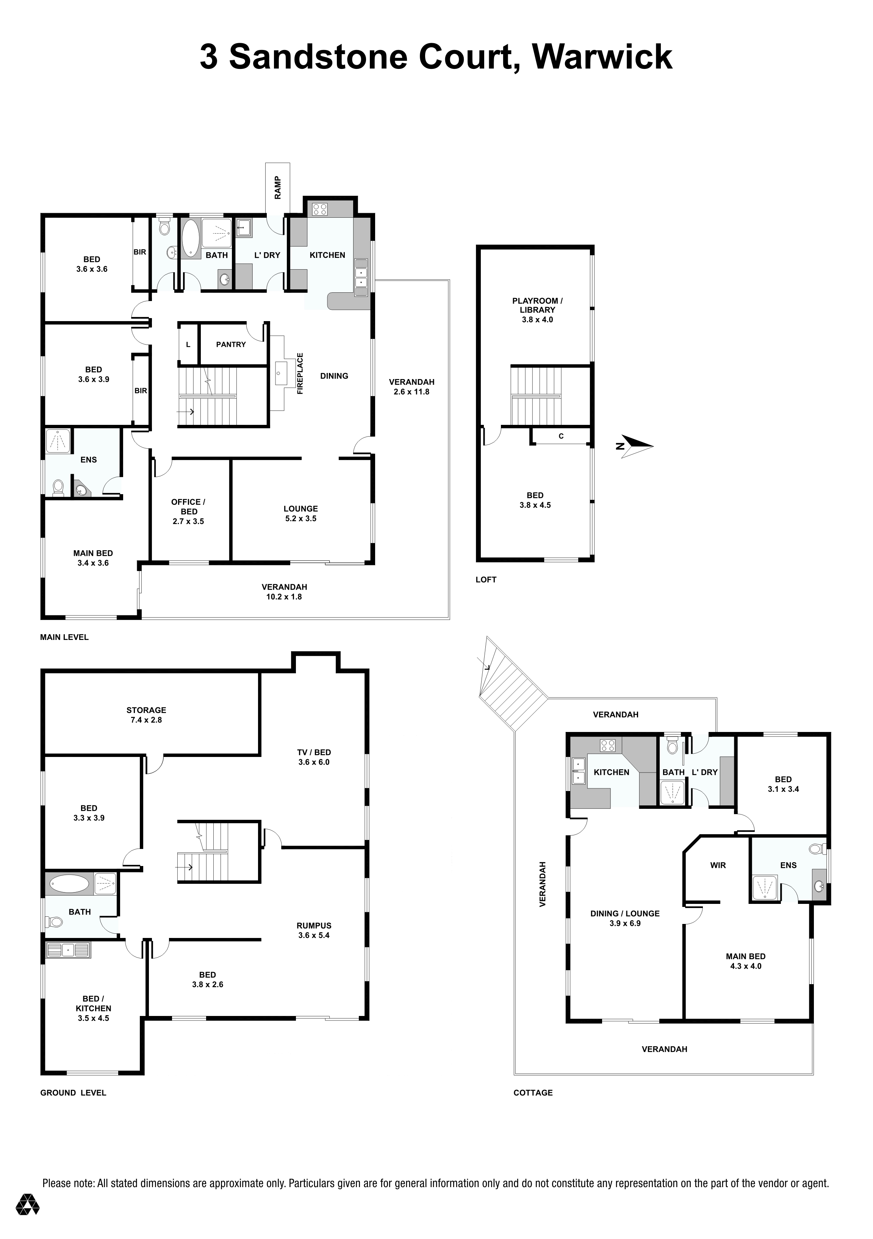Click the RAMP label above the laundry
277,187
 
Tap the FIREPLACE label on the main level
300,373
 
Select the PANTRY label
231,344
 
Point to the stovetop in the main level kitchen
320,209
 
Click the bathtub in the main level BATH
190,238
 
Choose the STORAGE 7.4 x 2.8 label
146,715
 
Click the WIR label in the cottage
718,865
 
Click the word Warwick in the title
602,57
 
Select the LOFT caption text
486,580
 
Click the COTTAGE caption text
533,1093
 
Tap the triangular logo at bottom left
28,1219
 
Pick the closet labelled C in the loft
561,436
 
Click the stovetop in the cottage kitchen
608,745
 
